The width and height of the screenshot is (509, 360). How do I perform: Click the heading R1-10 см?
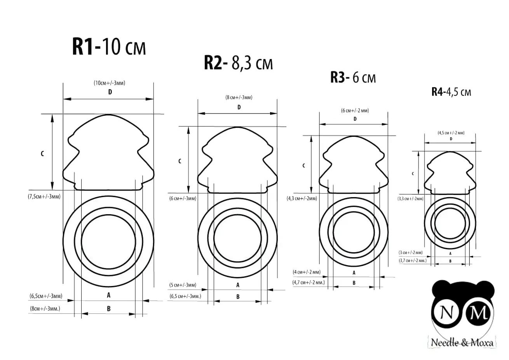[109, 47]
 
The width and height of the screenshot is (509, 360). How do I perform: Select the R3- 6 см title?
[353, 78]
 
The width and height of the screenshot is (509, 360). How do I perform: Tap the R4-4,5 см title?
[451, 92]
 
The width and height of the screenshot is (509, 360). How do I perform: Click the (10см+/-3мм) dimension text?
[109, 83]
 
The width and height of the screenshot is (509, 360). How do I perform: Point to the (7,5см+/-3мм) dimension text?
[44, 196]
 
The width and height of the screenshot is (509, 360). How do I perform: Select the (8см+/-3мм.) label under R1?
[45, 309]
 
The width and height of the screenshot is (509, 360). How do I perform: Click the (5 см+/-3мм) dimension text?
[182, 285]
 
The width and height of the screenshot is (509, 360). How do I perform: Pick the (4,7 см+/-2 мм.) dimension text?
[308, 283]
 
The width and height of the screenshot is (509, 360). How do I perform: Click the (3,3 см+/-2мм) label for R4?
[410, 198]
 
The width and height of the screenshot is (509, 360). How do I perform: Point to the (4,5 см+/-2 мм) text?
[451, 133]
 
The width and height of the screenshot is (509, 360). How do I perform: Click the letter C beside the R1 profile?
[42, 154]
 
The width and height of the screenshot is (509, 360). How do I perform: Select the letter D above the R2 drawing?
[239, 107]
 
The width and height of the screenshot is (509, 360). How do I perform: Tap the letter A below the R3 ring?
[354, 273]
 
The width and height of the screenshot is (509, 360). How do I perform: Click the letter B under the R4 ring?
[450, 261]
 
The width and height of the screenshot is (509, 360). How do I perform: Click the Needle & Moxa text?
[462, 343]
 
